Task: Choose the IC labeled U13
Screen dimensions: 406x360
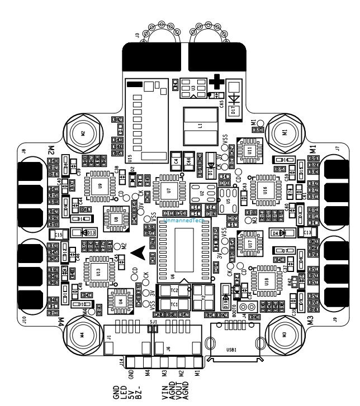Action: [x=98, y=273]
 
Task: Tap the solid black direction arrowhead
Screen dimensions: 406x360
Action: [x=143, y=252]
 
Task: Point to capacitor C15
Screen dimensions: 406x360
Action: [x=58, y=234]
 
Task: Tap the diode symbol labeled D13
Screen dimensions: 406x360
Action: [x=87, y=231]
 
